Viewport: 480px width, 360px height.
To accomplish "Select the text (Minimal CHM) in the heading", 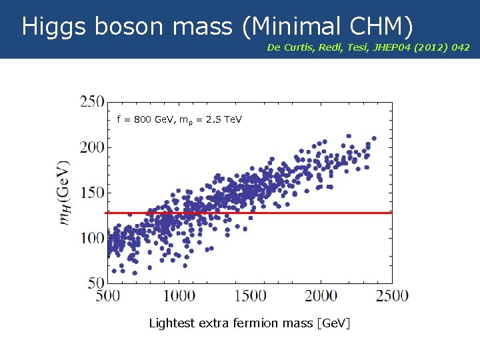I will (x=327, y=27).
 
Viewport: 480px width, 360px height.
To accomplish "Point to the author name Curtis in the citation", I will (x=297, y=47).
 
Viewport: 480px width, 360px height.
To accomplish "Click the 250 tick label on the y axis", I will (x=92, y=102).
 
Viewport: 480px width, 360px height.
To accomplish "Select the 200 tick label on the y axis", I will (x=92, y=147).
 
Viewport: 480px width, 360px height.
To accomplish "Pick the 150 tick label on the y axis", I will (x=92, y=193).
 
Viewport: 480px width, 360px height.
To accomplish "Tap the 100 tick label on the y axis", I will (x=92, y=238).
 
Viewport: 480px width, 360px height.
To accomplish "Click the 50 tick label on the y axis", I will (x=96, y=283).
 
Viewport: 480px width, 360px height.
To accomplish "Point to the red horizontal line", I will (x=300, y=213).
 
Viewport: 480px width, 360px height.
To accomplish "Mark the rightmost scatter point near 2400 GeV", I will (x=374, y=139).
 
